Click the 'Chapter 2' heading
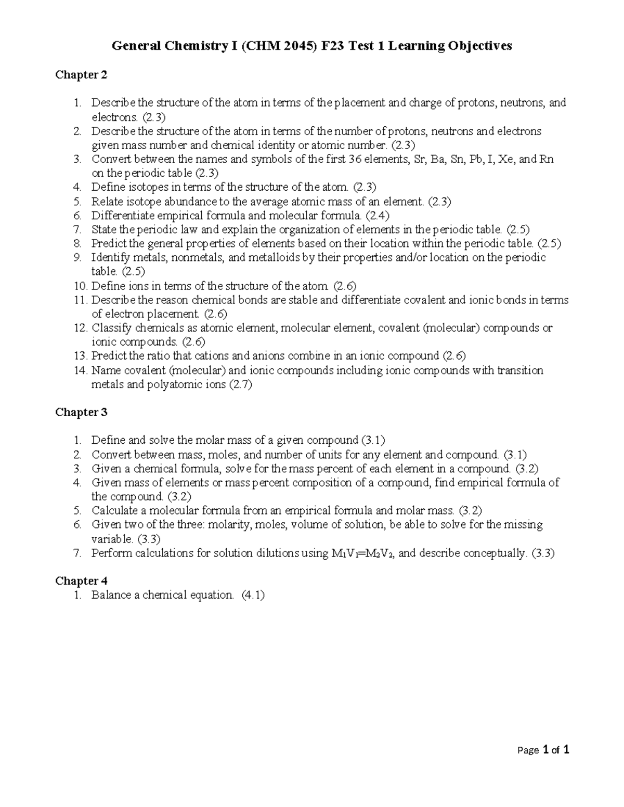(x=81, y=75)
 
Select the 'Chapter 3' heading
(x=81, y=412)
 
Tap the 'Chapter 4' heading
(x=81, y=580)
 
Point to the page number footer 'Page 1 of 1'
(x=543, y=750)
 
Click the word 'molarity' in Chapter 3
(x=229, y=524)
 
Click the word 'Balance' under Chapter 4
(x=111, y=595)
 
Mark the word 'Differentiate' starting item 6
(x=123, y=215)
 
